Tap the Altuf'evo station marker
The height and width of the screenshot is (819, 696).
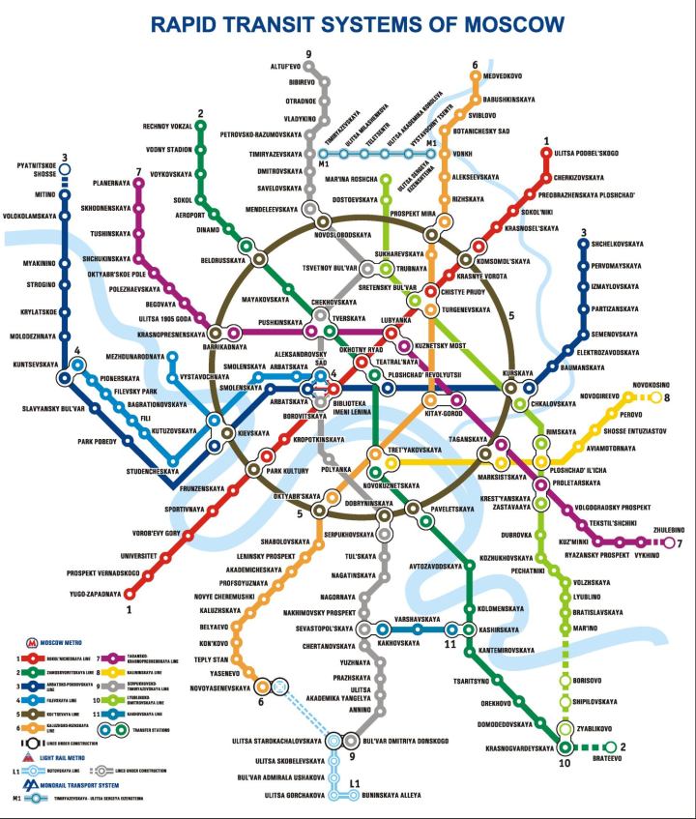[309, 67]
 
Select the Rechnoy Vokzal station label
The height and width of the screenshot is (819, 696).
[168, 125]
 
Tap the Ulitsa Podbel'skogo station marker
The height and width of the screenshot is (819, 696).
[547, 153]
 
